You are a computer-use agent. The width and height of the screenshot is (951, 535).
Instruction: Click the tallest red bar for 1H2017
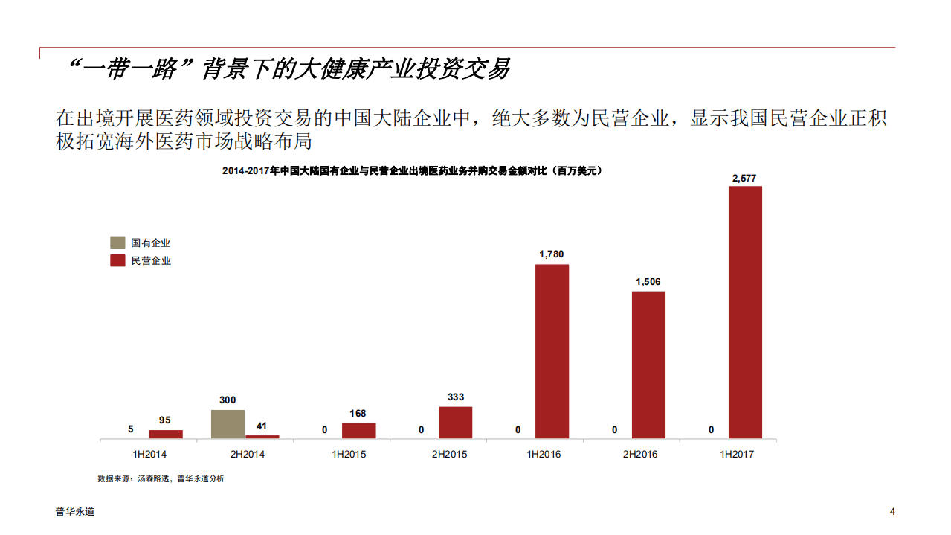tap(745, 312)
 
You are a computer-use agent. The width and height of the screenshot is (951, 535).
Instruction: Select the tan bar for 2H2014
tap(228, 424)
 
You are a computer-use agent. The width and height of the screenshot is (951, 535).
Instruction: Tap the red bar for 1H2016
tap(552, 351)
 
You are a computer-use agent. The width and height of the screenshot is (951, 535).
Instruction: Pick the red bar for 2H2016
tap(648, 365)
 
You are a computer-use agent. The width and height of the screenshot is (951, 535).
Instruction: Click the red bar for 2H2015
tap(455, 422)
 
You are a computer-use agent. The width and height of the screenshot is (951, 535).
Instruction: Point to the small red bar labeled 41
tap(262, 436)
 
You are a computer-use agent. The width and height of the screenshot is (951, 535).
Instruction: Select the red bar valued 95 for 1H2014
tap(166, 434)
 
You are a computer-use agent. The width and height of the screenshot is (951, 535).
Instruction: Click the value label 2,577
tap(744, 179)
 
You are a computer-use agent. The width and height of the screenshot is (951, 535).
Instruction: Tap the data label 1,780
tap(552, 254)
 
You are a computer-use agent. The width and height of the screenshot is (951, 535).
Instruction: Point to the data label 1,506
tap(648, 281)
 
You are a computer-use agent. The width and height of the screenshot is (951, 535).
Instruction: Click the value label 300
tap(228, 400)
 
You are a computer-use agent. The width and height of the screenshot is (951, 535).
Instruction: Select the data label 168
tap(358, 414)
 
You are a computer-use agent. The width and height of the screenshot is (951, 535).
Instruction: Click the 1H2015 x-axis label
tap(349, 454)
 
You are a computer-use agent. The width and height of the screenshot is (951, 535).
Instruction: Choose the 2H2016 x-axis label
tap(639, 454)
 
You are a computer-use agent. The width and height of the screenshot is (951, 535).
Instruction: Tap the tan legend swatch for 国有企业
tap(117, 243)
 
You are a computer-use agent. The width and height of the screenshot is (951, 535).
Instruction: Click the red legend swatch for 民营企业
tap(117, 260)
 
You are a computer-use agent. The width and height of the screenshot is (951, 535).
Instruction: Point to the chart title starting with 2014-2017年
tap(411, 170)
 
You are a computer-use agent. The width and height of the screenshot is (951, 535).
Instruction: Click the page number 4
tap(892, 511)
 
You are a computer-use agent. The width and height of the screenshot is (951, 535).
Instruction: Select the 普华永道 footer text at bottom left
tap(75, 511)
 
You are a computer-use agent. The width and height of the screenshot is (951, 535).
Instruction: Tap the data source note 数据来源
tap(161, 478)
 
